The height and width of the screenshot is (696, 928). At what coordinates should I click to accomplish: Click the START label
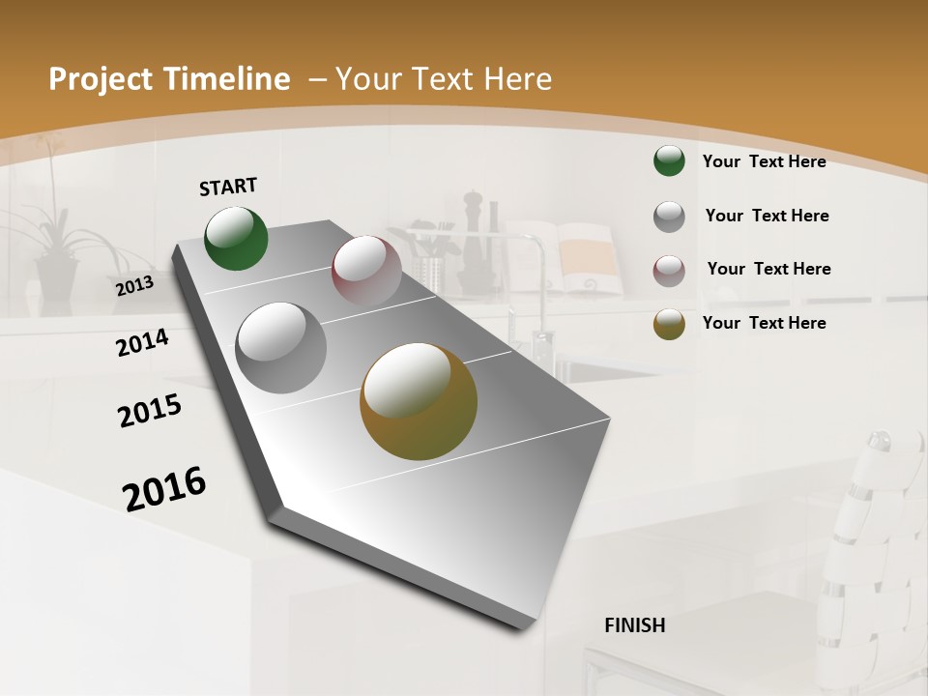click(228, 187)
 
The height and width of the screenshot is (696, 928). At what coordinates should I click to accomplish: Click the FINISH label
click(634, 625)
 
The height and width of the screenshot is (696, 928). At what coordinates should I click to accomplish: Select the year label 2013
click(134, 286)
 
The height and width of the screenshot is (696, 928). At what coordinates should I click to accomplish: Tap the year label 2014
click(142, 342)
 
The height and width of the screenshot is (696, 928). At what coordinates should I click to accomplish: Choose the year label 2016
click(164, 489)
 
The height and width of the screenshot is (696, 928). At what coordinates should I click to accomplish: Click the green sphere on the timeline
click(237, 238)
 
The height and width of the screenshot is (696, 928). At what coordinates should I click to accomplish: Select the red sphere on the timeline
click(366, 270)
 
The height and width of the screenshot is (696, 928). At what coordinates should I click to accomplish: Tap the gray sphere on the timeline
click(281, 348)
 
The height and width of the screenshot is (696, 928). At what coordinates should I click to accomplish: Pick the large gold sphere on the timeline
click(419, 401)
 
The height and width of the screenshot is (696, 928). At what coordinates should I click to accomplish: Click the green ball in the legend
click(669, 161)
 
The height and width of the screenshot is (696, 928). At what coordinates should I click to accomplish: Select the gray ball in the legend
click(669, 217)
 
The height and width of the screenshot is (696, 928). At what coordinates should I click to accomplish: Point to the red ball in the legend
click(669, 271)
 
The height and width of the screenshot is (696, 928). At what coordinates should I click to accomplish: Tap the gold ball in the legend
click(669, 324)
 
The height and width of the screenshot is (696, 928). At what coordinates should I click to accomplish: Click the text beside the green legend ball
click(764, 161)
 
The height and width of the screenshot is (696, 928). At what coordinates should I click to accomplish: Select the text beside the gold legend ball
click(764, 323)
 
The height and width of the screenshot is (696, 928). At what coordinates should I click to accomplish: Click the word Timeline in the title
click(230, 79)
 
